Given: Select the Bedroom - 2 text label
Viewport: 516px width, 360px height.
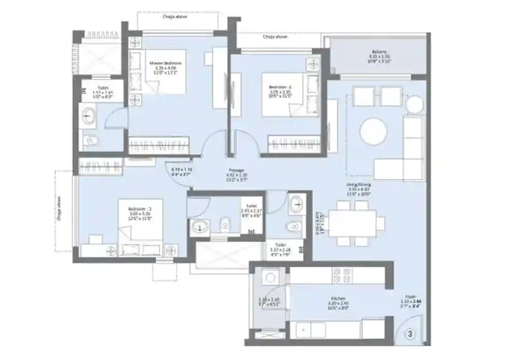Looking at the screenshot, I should (139, 208).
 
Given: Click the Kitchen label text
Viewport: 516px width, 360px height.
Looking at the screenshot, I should (338, 298).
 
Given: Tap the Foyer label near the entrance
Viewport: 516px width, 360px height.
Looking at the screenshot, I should (411, 297).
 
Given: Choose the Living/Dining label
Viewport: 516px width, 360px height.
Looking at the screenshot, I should (359, 184).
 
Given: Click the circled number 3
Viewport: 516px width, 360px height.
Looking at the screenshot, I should (410, 334).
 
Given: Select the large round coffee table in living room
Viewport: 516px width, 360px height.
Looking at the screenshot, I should (373, 132).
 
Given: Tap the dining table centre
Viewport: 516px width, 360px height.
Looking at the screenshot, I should (354, 223).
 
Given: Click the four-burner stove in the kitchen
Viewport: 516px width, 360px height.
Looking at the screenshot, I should (342, 275).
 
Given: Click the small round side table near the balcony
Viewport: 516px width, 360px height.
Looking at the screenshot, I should (415, 104).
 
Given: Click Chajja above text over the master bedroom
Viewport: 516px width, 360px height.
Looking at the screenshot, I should (176, 17).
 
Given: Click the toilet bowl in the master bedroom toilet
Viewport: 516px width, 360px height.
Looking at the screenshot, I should (90, 139).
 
